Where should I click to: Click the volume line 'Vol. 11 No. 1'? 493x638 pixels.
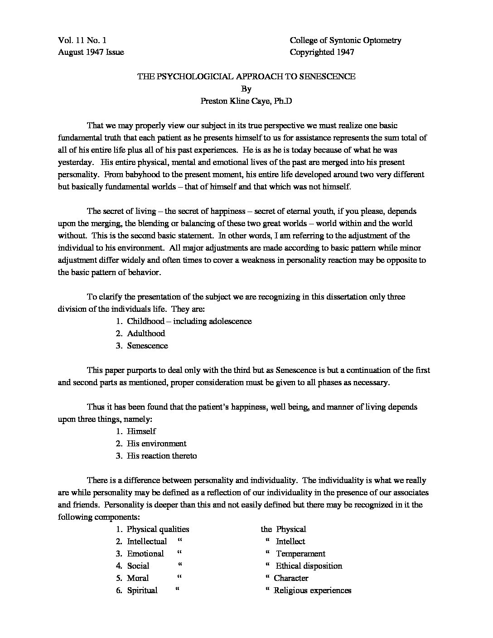coord(82,40)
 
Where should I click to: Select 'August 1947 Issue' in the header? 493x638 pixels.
coord(91,52)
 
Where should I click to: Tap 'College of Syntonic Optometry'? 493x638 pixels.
coord(345,40)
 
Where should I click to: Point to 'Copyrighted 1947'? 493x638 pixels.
coord(322,52)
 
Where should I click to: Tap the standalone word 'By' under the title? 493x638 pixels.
coord(246,89)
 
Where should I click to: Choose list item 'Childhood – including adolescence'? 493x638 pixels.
coord(189,321)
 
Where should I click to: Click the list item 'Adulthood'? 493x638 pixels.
coord(146,333)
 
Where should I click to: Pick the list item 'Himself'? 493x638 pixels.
coord(141,431)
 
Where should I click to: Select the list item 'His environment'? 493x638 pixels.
coord(156,444)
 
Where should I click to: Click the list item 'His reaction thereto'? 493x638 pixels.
coord(162,456)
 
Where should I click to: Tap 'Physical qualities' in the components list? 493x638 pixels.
coord(158,529)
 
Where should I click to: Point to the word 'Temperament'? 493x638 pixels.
coord(300,554)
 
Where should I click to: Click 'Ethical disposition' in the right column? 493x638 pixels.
coord(309,566)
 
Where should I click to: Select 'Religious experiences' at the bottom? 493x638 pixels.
coord(312,590)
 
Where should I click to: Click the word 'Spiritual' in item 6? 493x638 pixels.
coord(142,590)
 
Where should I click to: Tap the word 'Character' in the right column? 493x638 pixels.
coord(291,578)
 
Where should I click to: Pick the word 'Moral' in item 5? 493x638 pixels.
coord(138,578)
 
